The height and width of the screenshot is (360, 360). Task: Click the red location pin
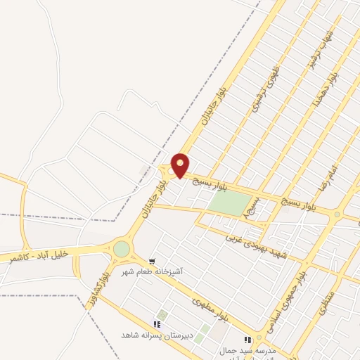(x=181, y=165)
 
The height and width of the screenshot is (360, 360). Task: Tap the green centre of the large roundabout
(x=122, y=249)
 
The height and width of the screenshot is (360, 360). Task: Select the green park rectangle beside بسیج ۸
(x=229, y=204)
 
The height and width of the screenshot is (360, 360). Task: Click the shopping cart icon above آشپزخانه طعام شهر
(x=153, y=262)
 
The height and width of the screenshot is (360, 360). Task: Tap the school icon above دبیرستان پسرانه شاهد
(x=157, y=324)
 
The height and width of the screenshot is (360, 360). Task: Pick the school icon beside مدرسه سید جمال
(x=247, y=340)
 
